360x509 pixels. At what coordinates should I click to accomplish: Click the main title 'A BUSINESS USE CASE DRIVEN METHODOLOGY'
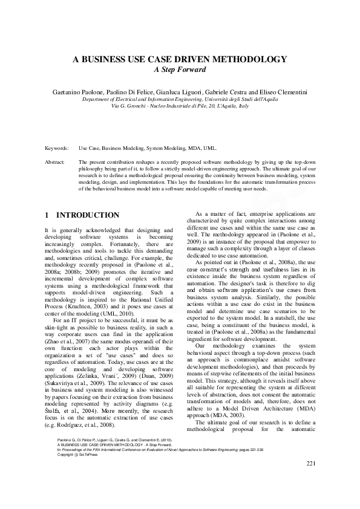click(x=180, y=59)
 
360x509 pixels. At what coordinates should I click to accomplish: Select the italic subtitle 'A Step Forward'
click(x=180, y=70)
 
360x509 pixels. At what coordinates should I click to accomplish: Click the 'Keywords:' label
click(x=56, y=148)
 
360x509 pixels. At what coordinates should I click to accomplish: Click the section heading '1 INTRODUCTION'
click(x=83, y=215)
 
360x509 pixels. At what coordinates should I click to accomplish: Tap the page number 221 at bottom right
click(x=312, y=479)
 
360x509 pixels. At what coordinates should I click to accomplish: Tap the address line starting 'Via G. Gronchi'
click(x=180, y=105)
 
